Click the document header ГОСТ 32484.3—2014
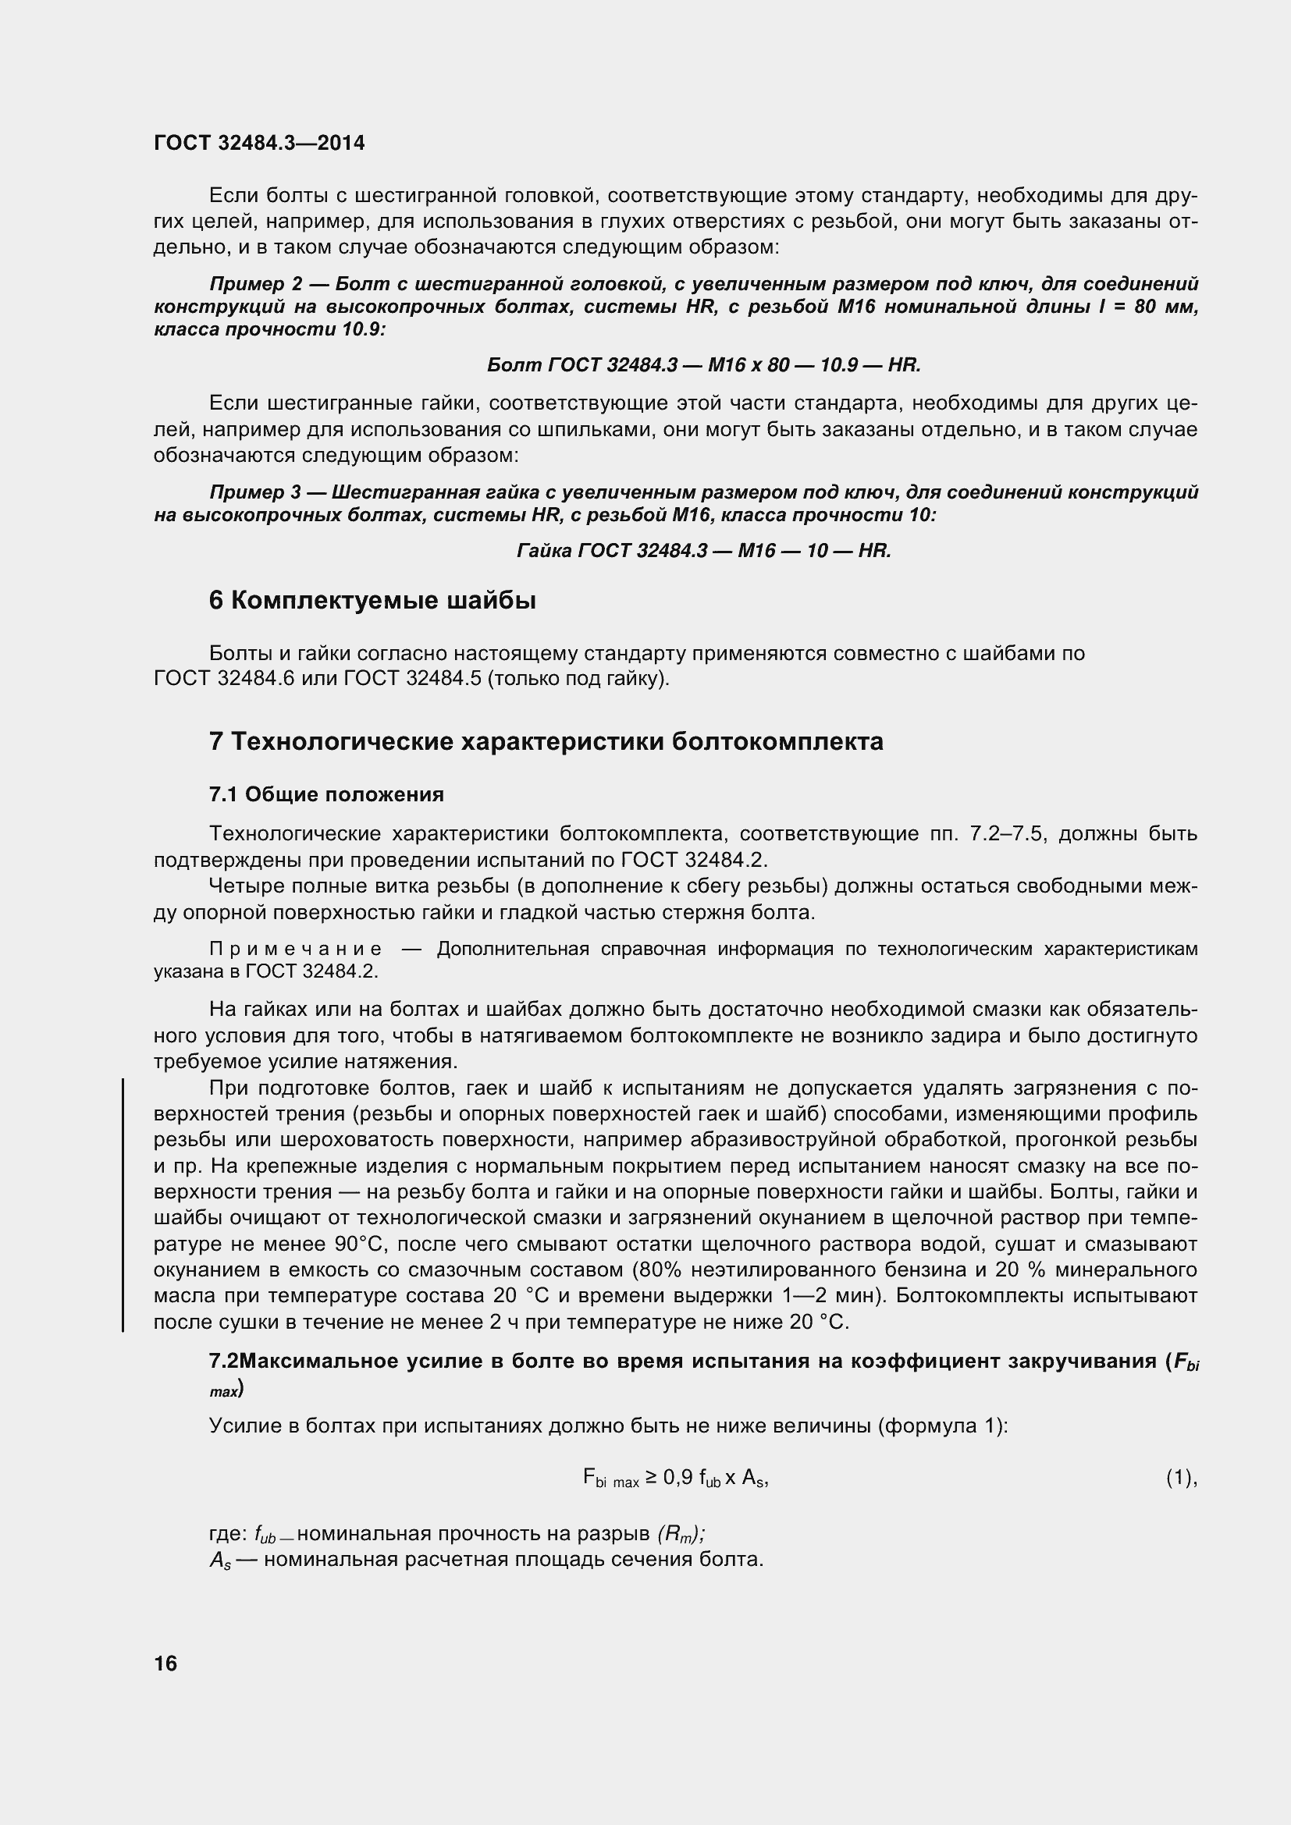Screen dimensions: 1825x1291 point(259,143)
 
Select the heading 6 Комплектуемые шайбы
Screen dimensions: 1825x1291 point(372,601)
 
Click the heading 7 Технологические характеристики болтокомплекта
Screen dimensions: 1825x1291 point(546,741)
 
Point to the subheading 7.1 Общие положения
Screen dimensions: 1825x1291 point(326,794)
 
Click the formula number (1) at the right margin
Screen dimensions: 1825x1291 point(1179,1478)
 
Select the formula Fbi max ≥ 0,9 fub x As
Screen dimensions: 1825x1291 point(675,1478)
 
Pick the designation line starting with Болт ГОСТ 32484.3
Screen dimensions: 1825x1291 point(702,365)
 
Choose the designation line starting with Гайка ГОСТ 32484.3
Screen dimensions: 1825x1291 point(703,550)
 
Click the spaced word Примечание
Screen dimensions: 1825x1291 point(295,949)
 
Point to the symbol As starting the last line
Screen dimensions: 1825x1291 point(219,1560)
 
